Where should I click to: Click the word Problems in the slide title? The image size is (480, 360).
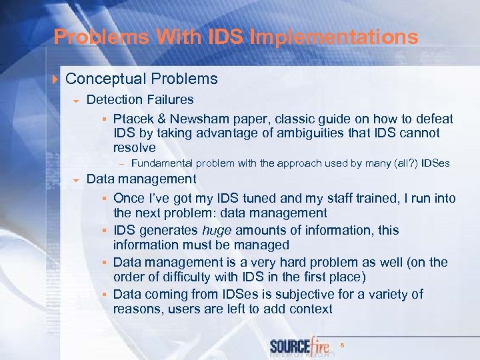click(x=91, y=37)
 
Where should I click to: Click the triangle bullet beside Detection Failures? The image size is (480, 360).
click(x=77, y=101)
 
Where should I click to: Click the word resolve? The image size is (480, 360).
click(x=134, y=148)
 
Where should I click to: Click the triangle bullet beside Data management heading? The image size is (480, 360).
click(x=77, y=180)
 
